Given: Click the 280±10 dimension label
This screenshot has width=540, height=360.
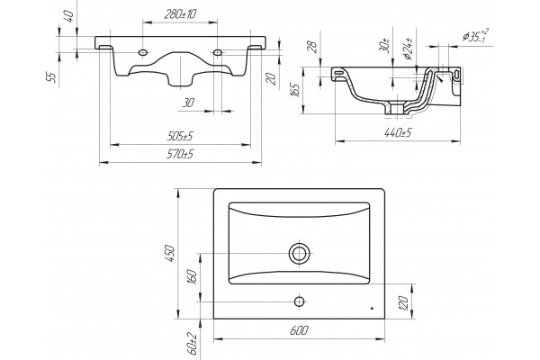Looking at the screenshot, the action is tap(180, 14).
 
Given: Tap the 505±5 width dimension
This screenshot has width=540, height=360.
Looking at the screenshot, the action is tap(180, 136).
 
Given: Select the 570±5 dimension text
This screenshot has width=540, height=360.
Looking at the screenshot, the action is tap(180, 154).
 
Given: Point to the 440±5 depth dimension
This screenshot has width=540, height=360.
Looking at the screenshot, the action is tap(398, 132).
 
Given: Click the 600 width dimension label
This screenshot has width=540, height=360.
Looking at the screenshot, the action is tap(299, 330).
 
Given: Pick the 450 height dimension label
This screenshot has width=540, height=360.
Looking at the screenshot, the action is tap(171, 253).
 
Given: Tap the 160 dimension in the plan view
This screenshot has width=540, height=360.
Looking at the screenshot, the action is tap(193, 276).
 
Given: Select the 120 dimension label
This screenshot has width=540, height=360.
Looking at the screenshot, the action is tap(404, 302).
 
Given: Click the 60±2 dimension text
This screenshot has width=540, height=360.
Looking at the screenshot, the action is tap(193, 344).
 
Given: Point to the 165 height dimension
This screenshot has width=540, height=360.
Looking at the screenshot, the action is tap(296, 90).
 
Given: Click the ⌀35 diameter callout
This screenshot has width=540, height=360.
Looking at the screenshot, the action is tap(475, 36).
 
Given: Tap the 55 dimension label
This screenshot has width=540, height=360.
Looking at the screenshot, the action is tap(51, 77).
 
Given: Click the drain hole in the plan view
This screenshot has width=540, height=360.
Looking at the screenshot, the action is tap(300, 253).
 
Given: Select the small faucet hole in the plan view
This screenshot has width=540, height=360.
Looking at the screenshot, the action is tap(300, 301).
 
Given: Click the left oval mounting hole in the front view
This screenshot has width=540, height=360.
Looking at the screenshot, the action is tap(143, 52).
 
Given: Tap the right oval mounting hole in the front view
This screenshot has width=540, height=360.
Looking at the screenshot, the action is tap(218, 52).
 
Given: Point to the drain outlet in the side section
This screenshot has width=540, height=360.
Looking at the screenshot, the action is tap(397, 109).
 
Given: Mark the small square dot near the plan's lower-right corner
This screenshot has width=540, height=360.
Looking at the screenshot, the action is tap(372, 309).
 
